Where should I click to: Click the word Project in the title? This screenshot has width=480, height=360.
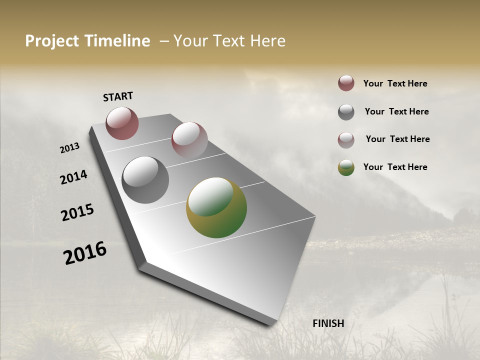(x=51, y=41)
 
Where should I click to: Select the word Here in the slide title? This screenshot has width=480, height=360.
(x=268, y=41)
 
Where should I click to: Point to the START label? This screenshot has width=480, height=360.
(x=118, y=96)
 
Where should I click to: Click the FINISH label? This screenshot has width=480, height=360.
(x=328, y=323)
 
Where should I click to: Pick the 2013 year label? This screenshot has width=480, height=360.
(x=69, y=148)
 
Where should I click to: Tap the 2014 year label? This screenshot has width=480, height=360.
(x=73, y=177)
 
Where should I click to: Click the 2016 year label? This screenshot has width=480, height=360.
(x=85, y=253)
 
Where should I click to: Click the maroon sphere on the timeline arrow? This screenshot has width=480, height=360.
(x=122, y=123)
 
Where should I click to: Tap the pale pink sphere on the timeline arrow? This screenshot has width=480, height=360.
(x=189, y=140)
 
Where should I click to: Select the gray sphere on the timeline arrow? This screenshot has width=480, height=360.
(x=145, y=180)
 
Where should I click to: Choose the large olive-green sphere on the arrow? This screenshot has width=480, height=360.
(x=216, y=207)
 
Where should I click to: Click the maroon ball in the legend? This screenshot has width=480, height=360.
(x=346, y=83)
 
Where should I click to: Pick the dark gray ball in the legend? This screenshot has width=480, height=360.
(x=346, y=112)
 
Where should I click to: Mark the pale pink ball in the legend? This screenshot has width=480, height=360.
(x=346, y=140)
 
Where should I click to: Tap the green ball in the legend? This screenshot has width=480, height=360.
(x=346, y=167)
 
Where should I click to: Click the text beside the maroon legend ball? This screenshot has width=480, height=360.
(x=395, y=83)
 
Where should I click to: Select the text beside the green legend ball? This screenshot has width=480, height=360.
(x=395, y=167)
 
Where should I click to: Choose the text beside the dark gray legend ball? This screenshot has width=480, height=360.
(x=396, y=111)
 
